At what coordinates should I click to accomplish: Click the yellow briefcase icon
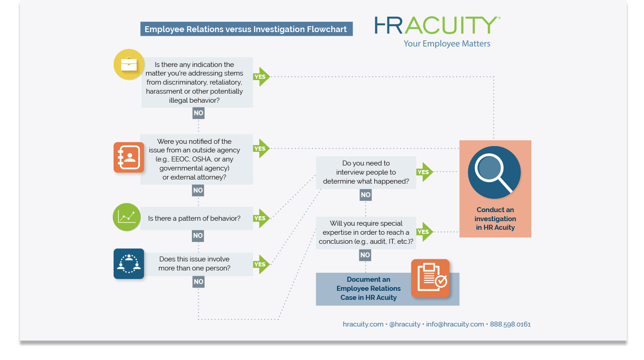coord(129,64)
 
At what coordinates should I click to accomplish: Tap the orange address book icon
coord(129,157)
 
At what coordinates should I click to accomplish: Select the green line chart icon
coord(127,217)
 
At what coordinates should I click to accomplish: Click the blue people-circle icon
coord(129,264)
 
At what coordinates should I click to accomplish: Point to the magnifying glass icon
coord(494,172)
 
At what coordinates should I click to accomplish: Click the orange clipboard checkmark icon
coord(430,278)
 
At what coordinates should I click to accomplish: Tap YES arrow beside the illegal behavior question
coord(261,77)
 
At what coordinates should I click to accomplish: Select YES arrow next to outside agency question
coord(261,148)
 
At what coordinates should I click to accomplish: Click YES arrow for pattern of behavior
coord(261,218)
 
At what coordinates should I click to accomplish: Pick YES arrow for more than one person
coord(261,265)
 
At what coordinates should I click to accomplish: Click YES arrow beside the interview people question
coord(424,172)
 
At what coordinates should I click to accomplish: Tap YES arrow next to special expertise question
coord(424,232)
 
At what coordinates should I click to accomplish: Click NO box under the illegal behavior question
coord(198,113)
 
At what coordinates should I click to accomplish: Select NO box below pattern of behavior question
coord(198,236)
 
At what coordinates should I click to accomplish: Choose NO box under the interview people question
coord(366,195)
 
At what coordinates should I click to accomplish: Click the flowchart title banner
coord(246,29)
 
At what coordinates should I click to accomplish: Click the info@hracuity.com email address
coord(455,324)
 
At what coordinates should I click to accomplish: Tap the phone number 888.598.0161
coord(510,324)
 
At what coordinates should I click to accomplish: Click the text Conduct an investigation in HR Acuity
coord(495,219)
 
